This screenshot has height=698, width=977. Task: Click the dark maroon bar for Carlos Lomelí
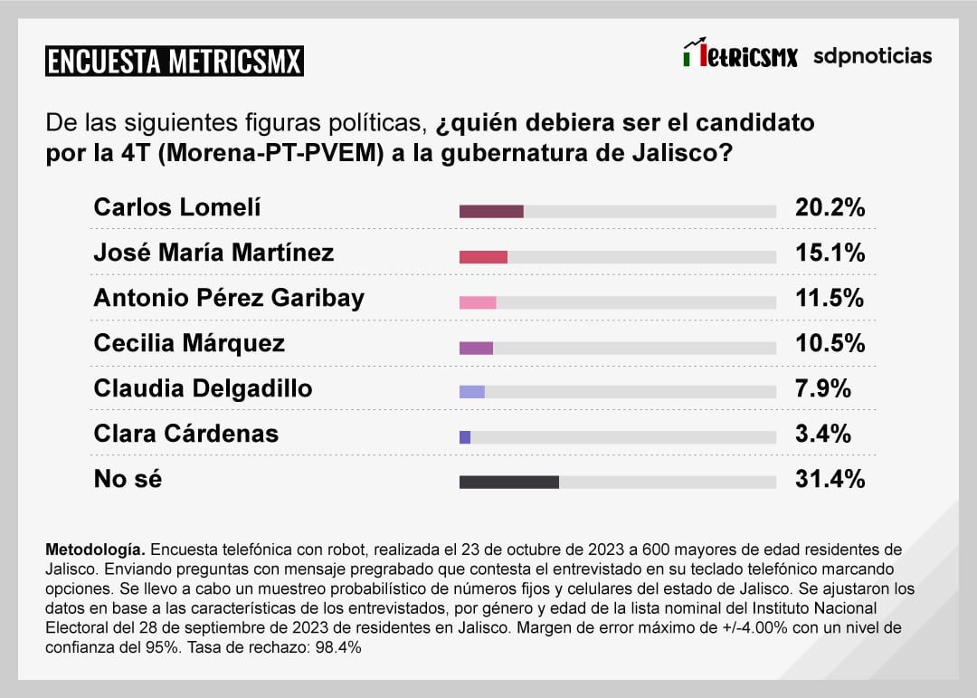pyautogui.click(x=491, y=211)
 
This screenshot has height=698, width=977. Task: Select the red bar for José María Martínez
pyautogui.click(x=483, y=256)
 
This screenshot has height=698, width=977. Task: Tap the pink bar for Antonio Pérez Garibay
pyautogui.click(x=478, y=301)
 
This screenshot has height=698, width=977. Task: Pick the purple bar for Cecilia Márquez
pyautogui.click(x=476, y=347)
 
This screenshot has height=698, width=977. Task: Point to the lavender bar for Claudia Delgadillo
pyautogui.click(x=472, y=392)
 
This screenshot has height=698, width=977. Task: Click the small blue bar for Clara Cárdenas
pyautogui.click(x=465, y=437)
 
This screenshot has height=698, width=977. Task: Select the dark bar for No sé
pyautogui.click(x=508, y=482)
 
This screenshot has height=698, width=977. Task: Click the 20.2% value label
pyautogui.click(x=830, y=207)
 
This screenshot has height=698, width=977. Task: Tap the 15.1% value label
pyautogui.click(x=830, y=253)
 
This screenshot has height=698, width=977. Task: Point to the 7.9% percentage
pyautogui.click(x=823, y=388)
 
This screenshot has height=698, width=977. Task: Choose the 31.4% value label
pyautogui.click(x=830, y=479)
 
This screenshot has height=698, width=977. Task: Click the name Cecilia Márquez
pyautogui.click(x=189, y=343)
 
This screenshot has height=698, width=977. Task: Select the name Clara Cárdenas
pyautogui.click(x=185, y=434)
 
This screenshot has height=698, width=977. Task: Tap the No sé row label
pyautogui.click(x=128, y=479)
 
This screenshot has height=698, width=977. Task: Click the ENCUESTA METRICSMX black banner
pyautogui.click(x=174, y=62)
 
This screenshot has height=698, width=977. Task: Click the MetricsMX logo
pyautogui.click(x=740, y=55)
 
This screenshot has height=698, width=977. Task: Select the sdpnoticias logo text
pyautogui.click(x=872, y=56)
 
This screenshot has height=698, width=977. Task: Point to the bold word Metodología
pyautogui.click(x=94, y=550)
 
